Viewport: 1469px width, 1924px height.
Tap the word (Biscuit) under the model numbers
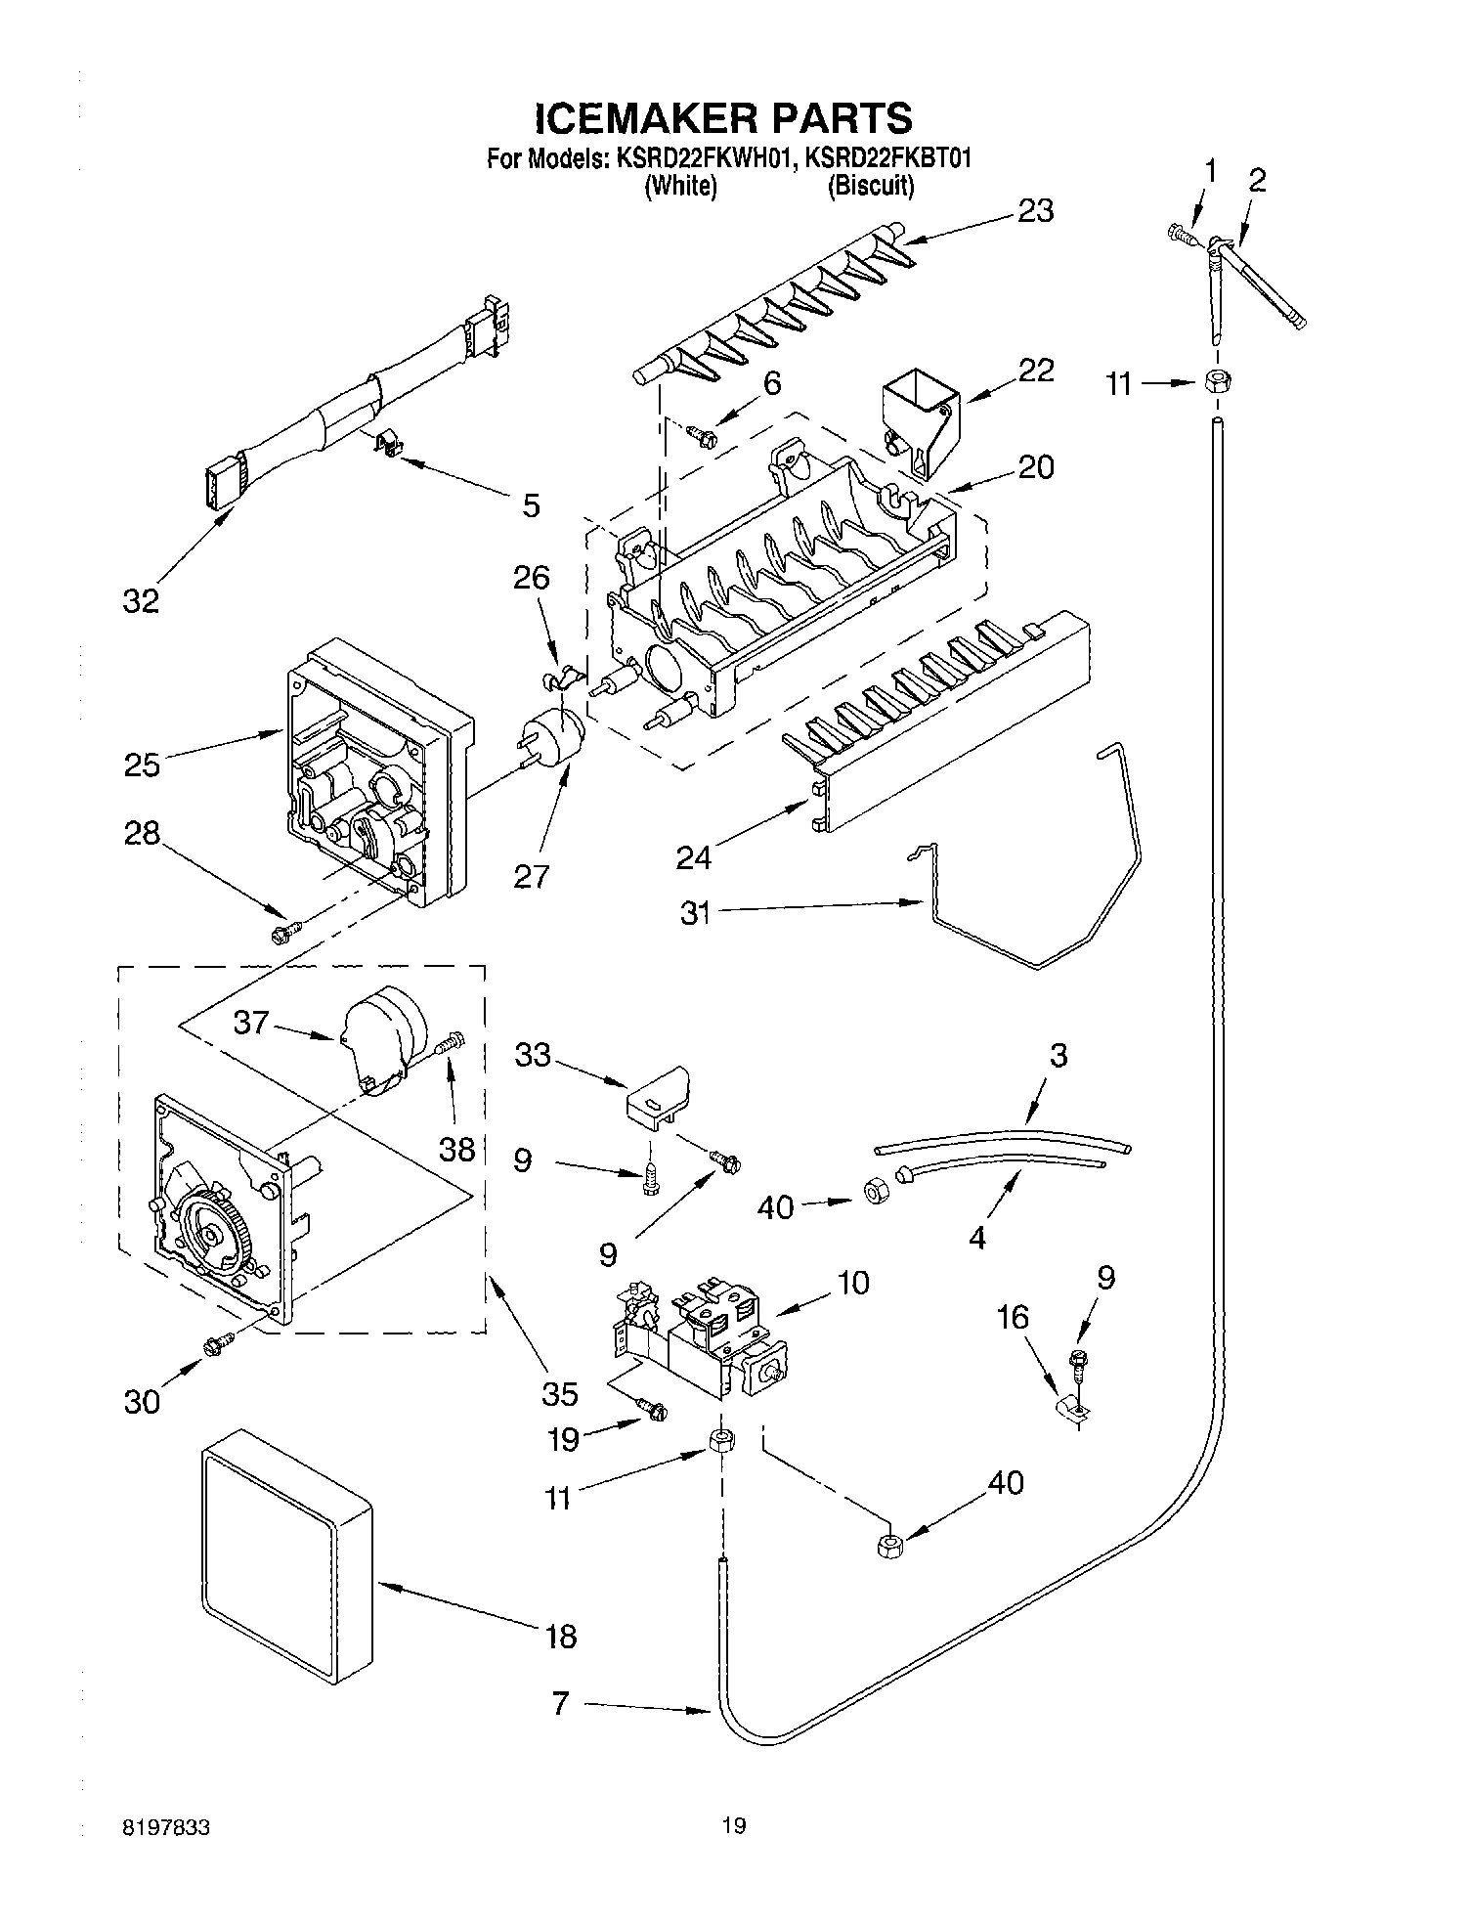[870, 187]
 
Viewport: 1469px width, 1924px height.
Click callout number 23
[1035, 210]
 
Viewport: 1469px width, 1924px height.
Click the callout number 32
[141, 600]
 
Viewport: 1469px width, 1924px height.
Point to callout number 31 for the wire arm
[695, 915]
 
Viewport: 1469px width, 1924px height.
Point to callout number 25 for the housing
[142, 764]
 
